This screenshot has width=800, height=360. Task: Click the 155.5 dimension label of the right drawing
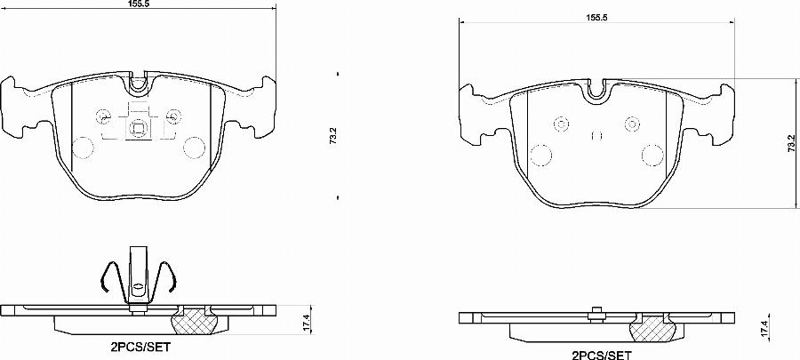point(596,18)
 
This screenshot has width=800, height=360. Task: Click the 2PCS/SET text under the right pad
point(601,355)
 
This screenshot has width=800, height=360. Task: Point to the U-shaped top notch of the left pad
point(139,86)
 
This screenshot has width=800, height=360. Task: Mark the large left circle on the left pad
point(82,148)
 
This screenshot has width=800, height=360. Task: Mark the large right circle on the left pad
point(196,148)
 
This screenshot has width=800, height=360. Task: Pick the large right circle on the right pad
point(653,156)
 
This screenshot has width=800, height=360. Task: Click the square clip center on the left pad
point(139,127)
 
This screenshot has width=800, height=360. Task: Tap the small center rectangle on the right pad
point(597,137)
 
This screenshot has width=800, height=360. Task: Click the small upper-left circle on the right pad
point(561,123)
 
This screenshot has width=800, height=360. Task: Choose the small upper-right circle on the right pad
point(632,123)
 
